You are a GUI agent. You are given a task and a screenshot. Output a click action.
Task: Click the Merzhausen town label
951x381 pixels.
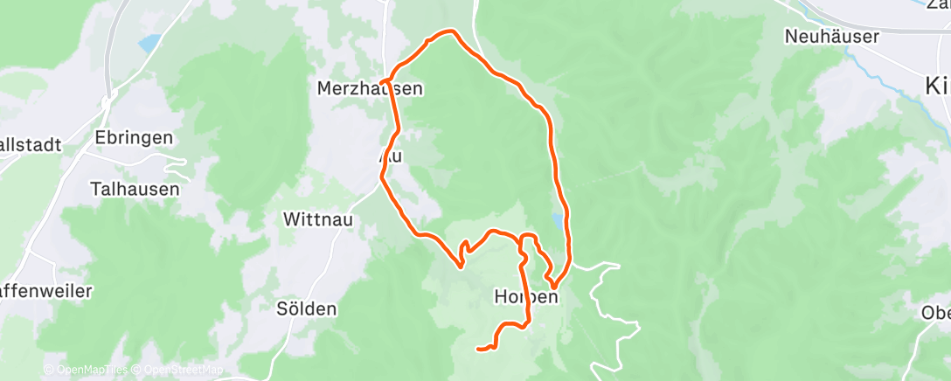[x=370, y=88]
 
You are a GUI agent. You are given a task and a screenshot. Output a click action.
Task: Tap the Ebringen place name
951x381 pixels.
[x=135, y=138]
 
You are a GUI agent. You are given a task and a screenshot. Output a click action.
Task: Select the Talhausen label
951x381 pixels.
[x=135, y=188]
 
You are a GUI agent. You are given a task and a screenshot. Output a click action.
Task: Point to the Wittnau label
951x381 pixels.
[x=318, y=220]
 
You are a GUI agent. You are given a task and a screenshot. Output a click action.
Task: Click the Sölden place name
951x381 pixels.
[x=306, y=308]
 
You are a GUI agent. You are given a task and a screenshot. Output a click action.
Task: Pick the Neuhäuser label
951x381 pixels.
[x=825, y=37]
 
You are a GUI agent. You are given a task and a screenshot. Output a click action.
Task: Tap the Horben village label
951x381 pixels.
[x=525, y=297]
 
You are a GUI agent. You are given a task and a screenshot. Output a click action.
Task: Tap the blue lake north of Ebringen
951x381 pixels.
[x=149, y=42]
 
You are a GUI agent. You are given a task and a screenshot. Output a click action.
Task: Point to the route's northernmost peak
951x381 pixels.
[x=451, y=32]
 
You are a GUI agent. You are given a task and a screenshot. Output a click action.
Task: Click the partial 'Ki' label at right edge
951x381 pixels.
[x=936, y=85]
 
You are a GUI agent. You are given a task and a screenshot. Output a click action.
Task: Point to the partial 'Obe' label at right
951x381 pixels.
[x=935, y=313]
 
